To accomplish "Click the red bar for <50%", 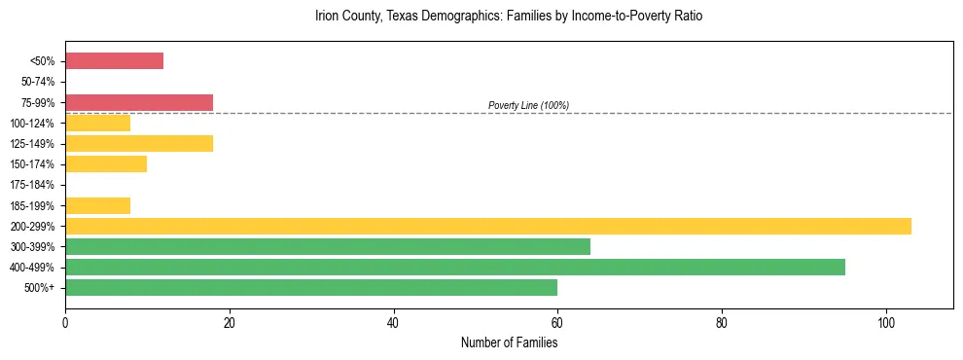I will pyautogui.click(x=114, y=61).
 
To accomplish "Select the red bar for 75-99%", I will pyautogui.click(x=139, y=102).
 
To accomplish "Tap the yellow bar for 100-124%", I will pyautogui.click(x=97, y=123).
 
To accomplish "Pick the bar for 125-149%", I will pyautogui.click(x=139, y=144).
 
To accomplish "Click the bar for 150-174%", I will pyautogui.click(x=106, y=164).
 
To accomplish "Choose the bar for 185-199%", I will pyautogui.click(x=97, y=205).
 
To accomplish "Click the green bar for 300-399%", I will pyautogui.click(x=328, y=246).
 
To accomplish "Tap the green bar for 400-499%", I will pyautogui.click(x=455, y=268).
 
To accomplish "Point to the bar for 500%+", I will pyautogui.click(x=311, y=288).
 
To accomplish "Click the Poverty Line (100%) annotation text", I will pyautogui.click(x=528, y=105).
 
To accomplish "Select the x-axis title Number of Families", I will pyautogui.click(x=509, y=342).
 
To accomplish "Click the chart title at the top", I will pyautogui.click(x=509, y=17).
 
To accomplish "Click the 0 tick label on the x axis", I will pyautogui.click(x=65, y=322).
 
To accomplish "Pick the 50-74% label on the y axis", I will pyautogui.click(x=38, y=82).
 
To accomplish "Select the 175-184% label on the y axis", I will pyautogui.click(x=35, y=185).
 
